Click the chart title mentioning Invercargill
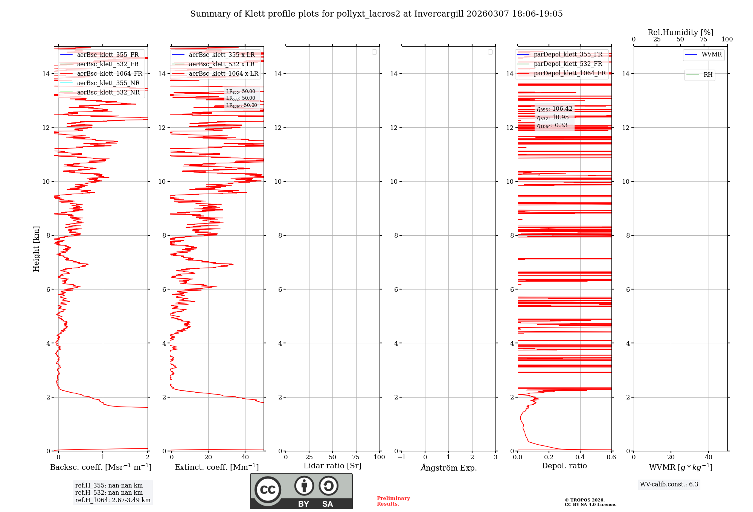[376, 14]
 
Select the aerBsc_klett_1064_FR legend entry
[109, 74]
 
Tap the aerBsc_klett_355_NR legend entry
[108, 83]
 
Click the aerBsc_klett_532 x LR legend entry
[221, 64]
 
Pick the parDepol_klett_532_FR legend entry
[568, 64]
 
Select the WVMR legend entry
[711, 55]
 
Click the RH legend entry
[707, 75]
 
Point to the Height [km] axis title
[36, 249]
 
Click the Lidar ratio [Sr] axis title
[332, 466]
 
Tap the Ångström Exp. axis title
[448, 468]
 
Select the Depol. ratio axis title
[564, 466]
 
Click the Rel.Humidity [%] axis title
[680, 32]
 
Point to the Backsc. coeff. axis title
[101, 467]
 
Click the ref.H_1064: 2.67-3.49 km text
[113, 500]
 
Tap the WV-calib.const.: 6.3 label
[669, 485]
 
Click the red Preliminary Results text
[393, 501]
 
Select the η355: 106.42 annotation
[554, 109]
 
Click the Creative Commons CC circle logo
[268, 490]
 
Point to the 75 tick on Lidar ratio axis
[356, 457]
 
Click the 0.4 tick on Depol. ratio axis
[580, 457]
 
